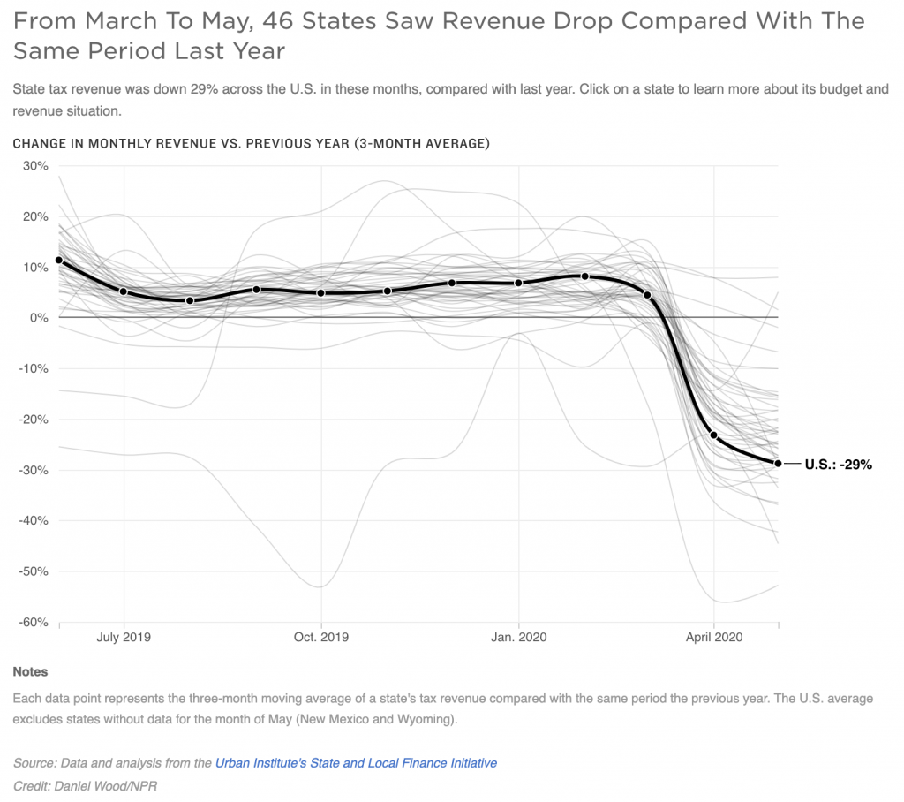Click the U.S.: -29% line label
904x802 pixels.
coord(838,464)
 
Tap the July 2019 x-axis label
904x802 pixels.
coord(124,637)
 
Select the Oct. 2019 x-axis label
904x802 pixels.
coord(320,637)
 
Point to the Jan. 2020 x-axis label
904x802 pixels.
coord(518,637)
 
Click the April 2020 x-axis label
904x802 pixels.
coord(713,637)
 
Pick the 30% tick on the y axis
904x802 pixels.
coord(35,166)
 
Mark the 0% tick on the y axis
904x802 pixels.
coord(40,318)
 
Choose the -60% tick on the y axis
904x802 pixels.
coord(34,623)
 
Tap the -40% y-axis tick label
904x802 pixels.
coord(34,521)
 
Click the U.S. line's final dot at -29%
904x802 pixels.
coord(778,463)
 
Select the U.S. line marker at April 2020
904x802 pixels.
coord(713,435)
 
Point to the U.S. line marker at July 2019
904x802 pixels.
coord(124,291)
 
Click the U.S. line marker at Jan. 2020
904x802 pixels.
coord(518,283)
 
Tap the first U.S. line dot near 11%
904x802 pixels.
coord(59,260)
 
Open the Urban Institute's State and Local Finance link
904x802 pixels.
coord(356,763)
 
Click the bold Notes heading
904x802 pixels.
coord(30,672)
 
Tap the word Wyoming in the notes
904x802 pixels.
coord(425,719)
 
